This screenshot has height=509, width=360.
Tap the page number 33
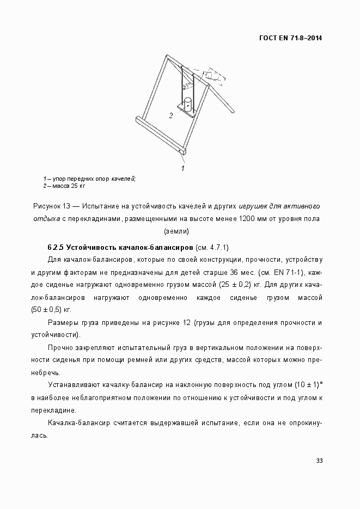coord(319,461)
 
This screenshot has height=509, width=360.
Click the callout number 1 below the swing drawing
coord(182,168)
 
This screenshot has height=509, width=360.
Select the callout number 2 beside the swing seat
coord(170,115)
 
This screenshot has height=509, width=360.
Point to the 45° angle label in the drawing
coord(187,85)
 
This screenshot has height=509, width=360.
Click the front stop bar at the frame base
coord(158,134)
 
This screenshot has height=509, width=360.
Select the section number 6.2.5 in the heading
coord(56,247)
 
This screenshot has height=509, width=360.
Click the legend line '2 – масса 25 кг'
coord(64,186)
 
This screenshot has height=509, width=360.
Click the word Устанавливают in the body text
coord(74,385)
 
